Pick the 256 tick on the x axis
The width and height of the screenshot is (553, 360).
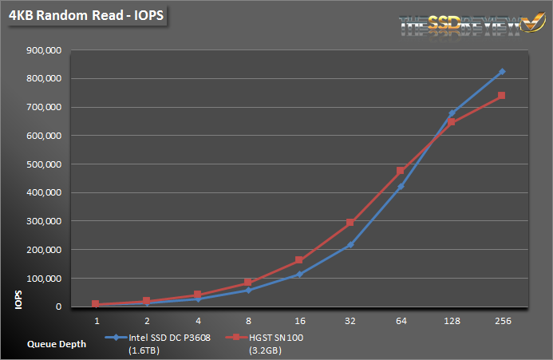(502, 321)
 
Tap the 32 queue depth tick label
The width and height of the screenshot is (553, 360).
(350, 321)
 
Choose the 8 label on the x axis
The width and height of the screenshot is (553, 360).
(248, 321)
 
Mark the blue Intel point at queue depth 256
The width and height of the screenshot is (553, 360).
(502, 72)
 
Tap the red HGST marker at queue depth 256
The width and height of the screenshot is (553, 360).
(502, 96)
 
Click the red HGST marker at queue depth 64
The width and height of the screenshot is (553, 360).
(401, 171)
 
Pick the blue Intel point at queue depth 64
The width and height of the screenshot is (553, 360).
(401, 187)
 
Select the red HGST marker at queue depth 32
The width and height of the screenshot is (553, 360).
(350, 223)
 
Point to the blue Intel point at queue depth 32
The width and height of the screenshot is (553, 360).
(350, 245)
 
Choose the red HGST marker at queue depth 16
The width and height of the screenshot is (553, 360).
(299, 260)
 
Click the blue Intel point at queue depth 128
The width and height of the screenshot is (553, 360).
(452, 113)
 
